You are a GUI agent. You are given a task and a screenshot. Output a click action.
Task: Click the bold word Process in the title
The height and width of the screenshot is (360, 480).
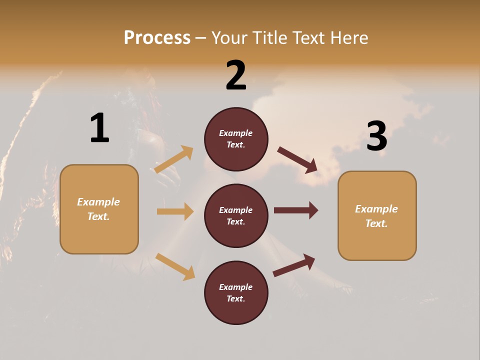click(x=157, y=37)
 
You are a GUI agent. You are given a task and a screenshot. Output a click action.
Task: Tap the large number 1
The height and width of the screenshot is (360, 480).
click(x=99, y=128)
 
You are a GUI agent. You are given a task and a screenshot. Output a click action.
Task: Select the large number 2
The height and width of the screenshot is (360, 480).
click(x=236, y=75)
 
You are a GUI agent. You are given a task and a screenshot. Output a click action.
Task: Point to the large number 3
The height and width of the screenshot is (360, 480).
click(x=376, y=136)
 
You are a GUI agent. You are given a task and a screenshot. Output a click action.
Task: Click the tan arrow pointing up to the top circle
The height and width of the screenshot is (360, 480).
click(x=174, y=159)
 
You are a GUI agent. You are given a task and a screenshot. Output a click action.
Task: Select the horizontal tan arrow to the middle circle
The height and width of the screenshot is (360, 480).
click(x=175, y=211)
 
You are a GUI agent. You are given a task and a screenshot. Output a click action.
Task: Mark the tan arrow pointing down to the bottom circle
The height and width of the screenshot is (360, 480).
click(x=175, y=266)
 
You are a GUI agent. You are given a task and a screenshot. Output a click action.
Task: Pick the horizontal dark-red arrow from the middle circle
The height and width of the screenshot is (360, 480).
click(x=296, y=210)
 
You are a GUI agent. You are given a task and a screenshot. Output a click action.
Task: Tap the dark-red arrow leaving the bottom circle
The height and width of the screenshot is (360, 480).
click(x=294, y=265)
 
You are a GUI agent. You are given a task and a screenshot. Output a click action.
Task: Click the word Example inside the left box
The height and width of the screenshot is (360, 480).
click(x=98, y=202)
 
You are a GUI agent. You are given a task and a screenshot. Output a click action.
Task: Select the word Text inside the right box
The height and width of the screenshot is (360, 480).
click(x=376, y=223)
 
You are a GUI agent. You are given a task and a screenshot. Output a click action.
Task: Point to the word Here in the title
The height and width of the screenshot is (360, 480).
click(x=348, y=37)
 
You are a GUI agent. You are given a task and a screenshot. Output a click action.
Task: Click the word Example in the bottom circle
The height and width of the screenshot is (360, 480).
click(x=235, y=287)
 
